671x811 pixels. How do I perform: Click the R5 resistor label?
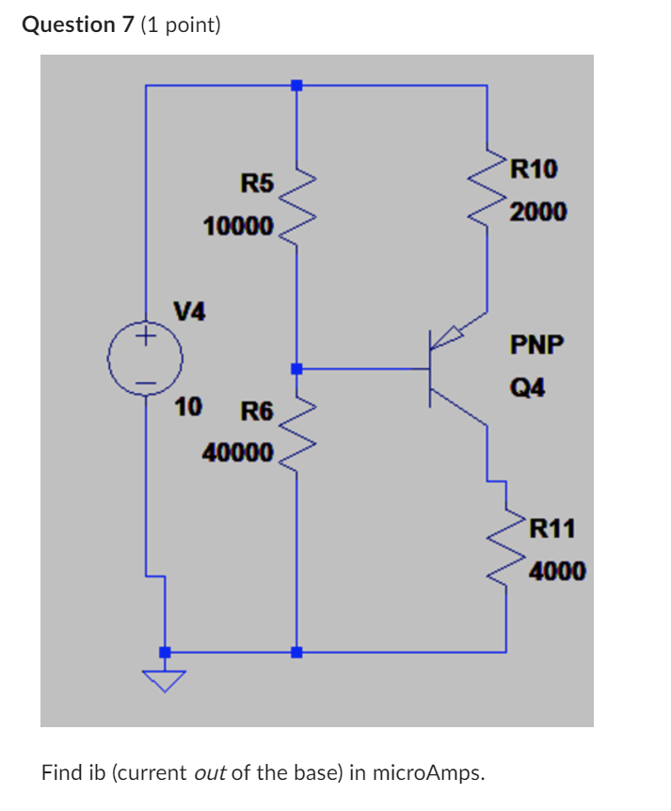point(256,183)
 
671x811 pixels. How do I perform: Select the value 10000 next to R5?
point(238,227)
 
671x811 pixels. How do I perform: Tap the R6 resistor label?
point(256,412)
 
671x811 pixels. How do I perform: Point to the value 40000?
point(238,453)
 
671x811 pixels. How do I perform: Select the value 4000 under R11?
point(557,571)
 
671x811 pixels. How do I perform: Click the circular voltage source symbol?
point(146,359)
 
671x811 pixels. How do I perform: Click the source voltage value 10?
point(188,407)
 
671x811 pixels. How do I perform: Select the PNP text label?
point(536,345)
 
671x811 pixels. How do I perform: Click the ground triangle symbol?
point(165,679)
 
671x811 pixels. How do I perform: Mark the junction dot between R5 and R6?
point(296,368)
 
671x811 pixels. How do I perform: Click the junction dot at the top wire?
point(296,86)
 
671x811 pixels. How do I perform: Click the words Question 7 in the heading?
point(77,24)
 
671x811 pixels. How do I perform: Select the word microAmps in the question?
point(429,773)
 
